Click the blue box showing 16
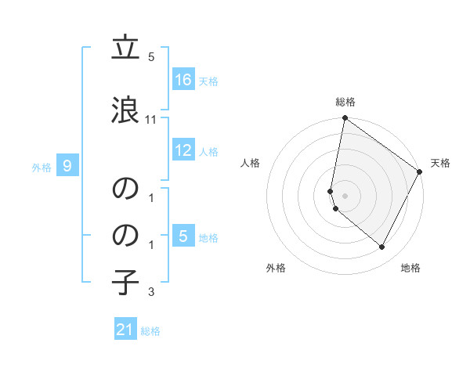coord(183,79)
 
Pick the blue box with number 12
coord(183,151)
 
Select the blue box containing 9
coord(67,165)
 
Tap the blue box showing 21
coord(125,330)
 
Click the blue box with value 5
coord(183,236)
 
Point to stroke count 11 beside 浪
coord(151,120)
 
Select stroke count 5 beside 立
coord(151,57)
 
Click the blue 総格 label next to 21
coord(150,331)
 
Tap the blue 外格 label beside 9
coord(42,167)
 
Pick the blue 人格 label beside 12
coord(208,152)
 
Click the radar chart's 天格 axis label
coord(440,163)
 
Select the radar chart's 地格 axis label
coord(410,268)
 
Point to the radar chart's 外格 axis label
coord(276,268)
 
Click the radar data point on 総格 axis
coord(345,118)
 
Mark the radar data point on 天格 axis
coord(420,171)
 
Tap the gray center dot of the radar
coord(345,195)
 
